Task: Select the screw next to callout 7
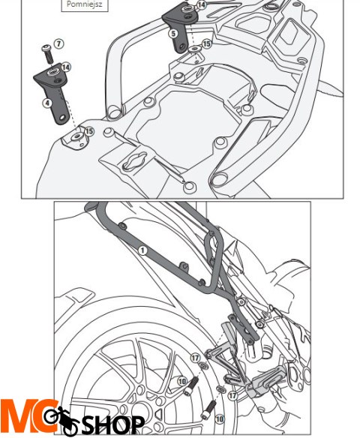[47, 52]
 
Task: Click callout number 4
[48, 102]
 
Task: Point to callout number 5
[173, 34]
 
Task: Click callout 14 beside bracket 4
[66, 67]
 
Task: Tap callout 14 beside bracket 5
[201, 5]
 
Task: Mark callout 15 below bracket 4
[89, 132]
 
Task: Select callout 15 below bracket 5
[206, 44]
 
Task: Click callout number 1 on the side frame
[142, 250]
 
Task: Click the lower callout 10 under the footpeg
[220, 419]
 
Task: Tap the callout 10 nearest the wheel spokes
[182, 382]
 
